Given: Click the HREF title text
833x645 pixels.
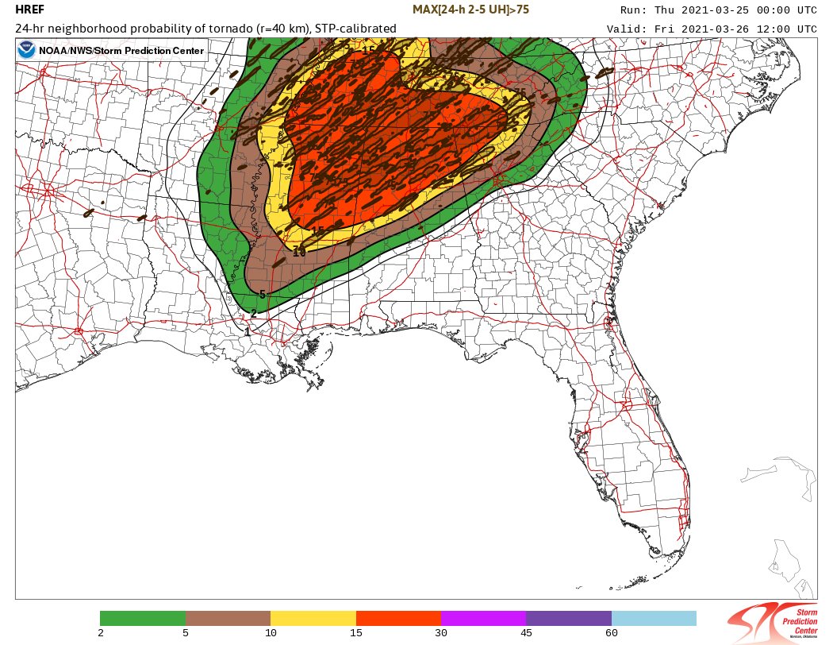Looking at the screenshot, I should tap(30, 10).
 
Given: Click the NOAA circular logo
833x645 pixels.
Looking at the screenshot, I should tap(27, 51).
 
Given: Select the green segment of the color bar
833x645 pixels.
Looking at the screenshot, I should tap(143, 618).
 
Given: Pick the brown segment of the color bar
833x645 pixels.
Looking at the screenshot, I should tap(228, 618).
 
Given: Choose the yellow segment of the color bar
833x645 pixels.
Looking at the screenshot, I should tap(313, 618).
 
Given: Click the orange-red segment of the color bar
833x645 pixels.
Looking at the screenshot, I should tap(398, 618).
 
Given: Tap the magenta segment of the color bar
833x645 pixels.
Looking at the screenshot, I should tap(483, 618).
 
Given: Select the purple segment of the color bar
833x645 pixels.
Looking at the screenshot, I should tap(568, 618).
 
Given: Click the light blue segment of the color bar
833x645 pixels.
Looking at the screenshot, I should tap(654, 618).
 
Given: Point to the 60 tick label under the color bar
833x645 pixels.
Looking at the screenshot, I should tap(611, 633).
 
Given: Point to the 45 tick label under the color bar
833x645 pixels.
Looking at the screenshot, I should tap(526, 633).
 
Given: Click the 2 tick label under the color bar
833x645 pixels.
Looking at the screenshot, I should tap(101, 633).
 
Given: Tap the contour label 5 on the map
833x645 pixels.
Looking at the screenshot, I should tap(262, 295).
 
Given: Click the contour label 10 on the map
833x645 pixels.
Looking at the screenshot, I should tap(299, 253).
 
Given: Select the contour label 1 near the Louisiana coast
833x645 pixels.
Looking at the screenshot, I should tap(248, 331).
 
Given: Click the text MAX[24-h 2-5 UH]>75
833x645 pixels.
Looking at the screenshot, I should tap(471, 10).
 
